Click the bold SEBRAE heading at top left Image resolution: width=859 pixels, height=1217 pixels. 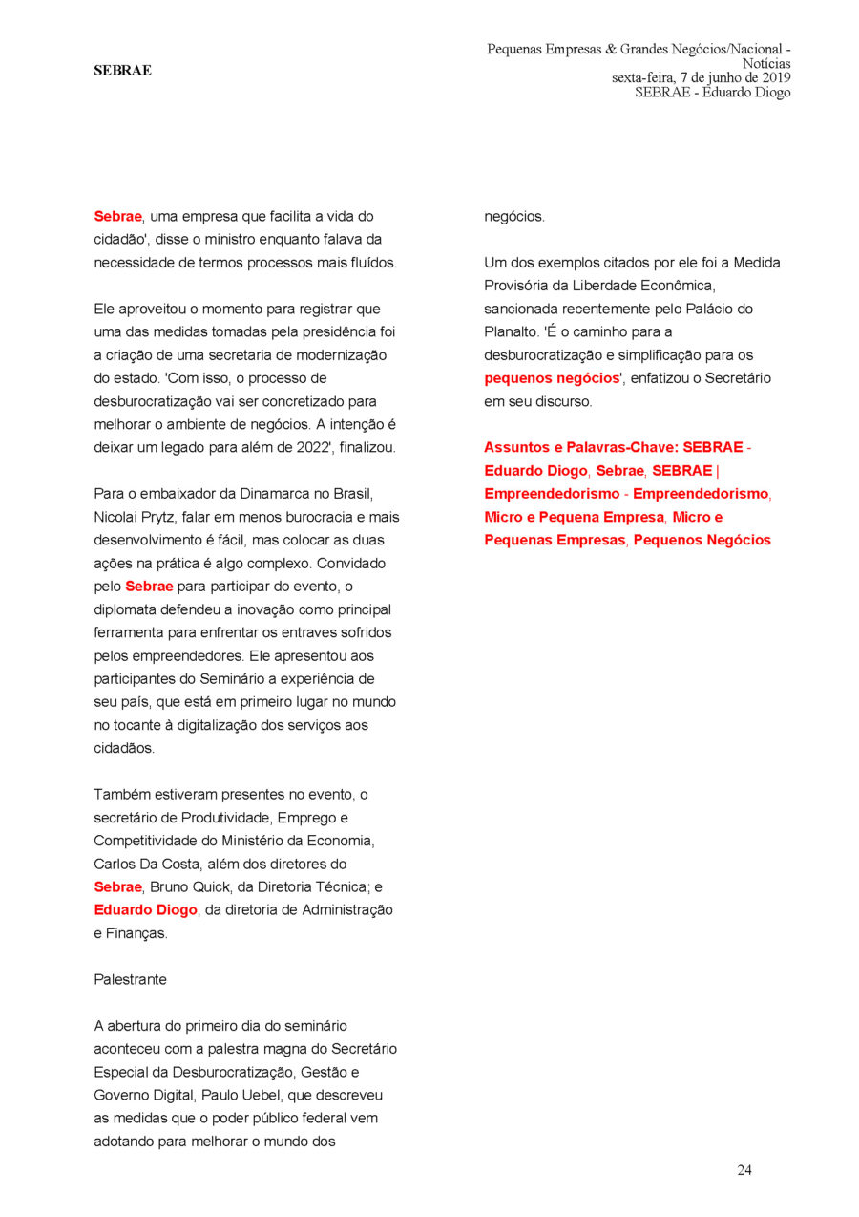122,70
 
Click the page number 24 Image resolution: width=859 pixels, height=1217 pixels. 744,1170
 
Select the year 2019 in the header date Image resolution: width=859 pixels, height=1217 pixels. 773,78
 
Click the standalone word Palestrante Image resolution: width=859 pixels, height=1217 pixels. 130,979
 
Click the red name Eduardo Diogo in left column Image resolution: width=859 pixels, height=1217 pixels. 145,909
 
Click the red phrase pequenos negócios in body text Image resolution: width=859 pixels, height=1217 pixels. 552,378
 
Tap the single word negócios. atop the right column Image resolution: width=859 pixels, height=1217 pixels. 514,217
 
